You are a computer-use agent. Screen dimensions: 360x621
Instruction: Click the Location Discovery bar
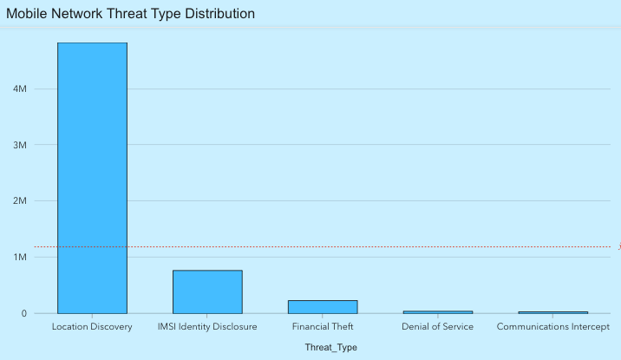click(x=92, y=178)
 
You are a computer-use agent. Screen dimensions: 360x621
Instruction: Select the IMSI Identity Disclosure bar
click(x=207, y=291)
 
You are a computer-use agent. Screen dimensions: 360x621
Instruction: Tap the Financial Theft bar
click(x=323, y=306)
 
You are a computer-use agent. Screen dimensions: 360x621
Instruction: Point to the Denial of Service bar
click(x=437, y=311)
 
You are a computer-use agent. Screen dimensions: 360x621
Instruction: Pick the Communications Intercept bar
click(x=552, y=311)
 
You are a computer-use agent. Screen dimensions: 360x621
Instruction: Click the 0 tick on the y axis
click(x=24, y=313)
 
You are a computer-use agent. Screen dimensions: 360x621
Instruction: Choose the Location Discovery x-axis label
click(x=92, y=327)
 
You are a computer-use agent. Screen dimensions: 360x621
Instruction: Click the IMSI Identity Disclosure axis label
click(x=207, y=327)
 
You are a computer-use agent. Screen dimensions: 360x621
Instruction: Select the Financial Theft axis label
click(x=323, y=327)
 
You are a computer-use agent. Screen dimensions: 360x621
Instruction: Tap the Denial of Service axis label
click(x=437, y=327)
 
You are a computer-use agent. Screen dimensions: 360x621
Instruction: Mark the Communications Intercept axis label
click(x=552, y=327)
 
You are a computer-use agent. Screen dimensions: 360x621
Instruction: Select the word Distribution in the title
click(x=219, y=14)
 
